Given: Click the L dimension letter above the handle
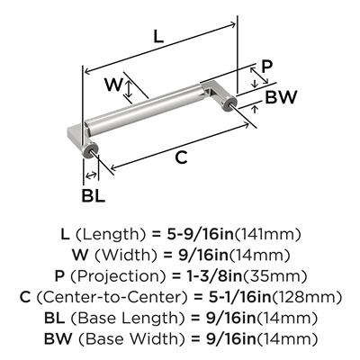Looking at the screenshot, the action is [x=158, y=37].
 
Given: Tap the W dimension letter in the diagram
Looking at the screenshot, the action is [x=113, y=85].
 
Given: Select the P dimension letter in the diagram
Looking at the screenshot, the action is [x=266, y=67].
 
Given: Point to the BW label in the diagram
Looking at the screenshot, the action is [x=281, y=97].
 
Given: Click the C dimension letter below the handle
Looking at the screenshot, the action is [x=182, y=157].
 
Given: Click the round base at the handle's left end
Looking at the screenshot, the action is [x=90, y=150].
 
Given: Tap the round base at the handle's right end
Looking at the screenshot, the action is [x=230, y=103].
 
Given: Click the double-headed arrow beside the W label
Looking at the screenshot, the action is [x=129, y=85].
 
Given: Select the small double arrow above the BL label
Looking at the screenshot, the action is [x=91, y=175].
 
